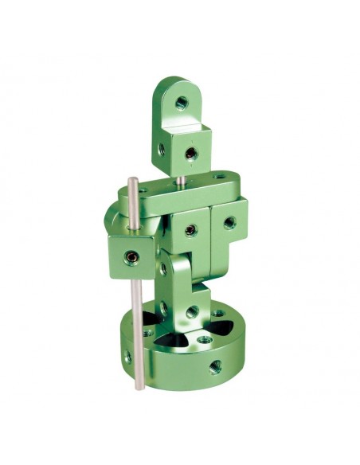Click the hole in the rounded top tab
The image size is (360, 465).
coord(182,102)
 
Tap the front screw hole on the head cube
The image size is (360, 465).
coord(190,152)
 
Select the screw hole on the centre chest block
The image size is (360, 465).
coord(190,231)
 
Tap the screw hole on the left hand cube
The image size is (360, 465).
coord(130,257)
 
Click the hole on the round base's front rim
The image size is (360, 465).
coord(213,367)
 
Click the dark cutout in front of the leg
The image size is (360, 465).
coord(188,343)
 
